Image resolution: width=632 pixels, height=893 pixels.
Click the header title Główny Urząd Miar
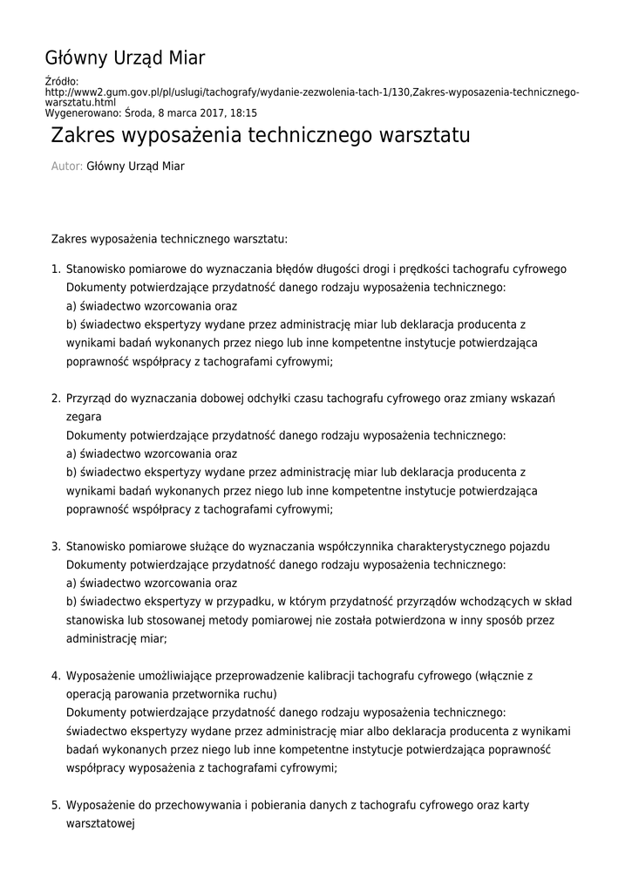click(125, 58)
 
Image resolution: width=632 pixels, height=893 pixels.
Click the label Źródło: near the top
click(61, 82)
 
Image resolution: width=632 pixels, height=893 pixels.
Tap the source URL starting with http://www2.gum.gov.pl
click(311, 92)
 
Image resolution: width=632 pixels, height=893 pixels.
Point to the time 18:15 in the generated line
click(243, 113)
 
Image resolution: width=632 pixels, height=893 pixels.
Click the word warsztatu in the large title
click(425, 136)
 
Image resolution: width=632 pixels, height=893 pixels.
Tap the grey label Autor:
click(67, 167)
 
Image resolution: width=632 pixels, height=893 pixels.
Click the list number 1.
click(55, 269)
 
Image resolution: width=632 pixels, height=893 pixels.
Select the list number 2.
click(55, 399)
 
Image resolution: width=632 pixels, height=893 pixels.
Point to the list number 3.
click(55, 547)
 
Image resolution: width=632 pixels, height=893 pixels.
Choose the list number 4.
click(55, 676)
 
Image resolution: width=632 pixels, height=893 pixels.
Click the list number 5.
click(55, 806)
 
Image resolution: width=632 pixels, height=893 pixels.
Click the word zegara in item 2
click(84, 418)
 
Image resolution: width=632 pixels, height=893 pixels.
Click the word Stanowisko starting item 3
click(95, 547)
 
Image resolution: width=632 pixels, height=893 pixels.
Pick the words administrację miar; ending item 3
click(116, 638)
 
